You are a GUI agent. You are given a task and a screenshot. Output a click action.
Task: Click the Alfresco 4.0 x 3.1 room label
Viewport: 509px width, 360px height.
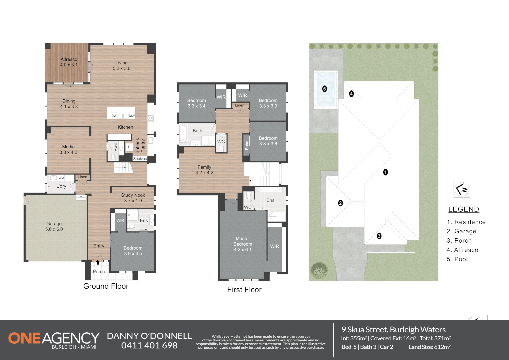69,62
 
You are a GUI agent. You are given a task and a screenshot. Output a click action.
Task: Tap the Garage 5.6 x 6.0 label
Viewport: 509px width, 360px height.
54,226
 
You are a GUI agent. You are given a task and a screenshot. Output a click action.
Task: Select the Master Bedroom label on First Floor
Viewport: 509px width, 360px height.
243,244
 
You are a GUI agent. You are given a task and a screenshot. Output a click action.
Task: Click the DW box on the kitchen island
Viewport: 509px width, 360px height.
114,116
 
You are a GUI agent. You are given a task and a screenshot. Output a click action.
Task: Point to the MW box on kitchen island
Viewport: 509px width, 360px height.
132,116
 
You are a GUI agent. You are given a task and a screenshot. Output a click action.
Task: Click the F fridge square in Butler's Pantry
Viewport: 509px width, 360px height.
129,147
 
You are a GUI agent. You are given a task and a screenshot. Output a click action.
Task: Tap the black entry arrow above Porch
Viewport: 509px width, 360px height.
98,262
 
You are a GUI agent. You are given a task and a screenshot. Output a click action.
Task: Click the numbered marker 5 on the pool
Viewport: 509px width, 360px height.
325,89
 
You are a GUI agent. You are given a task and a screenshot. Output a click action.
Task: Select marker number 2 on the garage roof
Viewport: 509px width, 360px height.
340,203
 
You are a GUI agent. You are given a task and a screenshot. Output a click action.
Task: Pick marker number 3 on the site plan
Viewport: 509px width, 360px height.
379,236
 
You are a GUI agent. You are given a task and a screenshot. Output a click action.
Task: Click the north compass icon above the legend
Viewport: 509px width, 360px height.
462,189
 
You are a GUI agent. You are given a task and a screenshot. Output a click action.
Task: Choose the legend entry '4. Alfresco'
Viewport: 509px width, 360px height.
462,250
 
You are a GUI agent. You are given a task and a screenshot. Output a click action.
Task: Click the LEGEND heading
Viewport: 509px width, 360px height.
464,209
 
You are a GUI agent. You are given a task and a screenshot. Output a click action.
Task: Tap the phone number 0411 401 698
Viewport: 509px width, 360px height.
149,345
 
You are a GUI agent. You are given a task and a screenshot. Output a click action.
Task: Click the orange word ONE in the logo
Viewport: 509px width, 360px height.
25,338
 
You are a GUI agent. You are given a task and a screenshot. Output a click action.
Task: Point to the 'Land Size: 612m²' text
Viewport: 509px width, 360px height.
430,347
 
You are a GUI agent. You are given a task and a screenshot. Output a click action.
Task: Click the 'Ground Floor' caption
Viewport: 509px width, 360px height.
106,286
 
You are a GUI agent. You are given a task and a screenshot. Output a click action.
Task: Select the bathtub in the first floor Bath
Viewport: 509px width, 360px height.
183,134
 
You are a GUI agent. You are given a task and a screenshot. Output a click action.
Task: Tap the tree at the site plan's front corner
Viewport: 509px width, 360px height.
319,270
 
